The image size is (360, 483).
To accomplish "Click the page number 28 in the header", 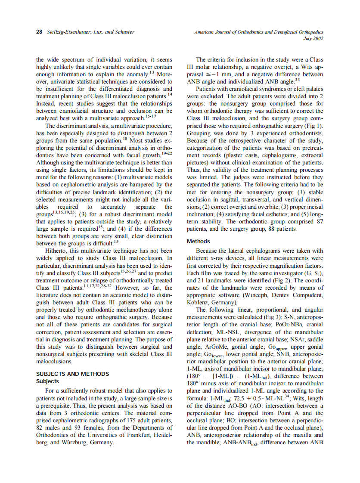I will click(x=39, y=32).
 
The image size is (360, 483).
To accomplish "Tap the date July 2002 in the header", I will click(x=313, y=38).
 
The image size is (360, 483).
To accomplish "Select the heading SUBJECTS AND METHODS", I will click(x=72, y=374).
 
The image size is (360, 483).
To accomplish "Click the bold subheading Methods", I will click(x=199, y=241).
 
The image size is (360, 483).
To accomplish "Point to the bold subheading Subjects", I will click(x=47, y=381).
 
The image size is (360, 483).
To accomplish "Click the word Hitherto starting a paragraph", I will click(x=58, y=251).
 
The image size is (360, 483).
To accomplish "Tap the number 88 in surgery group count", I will click(x=258, y=229).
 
